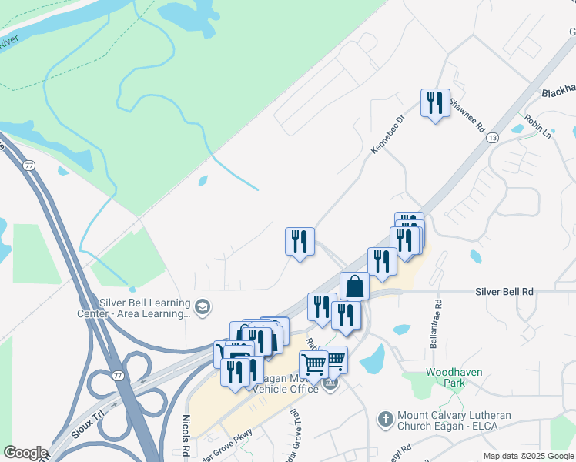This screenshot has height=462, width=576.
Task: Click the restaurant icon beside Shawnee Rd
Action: pos(435,102)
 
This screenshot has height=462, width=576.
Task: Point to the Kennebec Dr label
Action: pos(387,135)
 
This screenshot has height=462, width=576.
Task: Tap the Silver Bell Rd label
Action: pos(504,293)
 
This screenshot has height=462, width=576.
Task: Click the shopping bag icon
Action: pos(354,286)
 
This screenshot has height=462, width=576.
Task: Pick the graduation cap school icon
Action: pos(203,307)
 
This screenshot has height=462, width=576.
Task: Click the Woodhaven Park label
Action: pos(454,377)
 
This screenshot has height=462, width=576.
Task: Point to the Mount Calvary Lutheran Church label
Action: pos(454,420)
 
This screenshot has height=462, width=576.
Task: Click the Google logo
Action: pos(25,453)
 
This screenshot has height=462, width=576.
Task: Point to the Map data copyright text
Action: pos(528,456)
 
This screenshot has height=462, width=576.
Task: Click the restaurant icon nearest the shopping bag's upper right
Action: pos(382,262)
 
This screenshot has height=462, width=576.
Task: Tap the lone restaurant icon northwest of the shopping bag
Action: pos(299,242)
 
